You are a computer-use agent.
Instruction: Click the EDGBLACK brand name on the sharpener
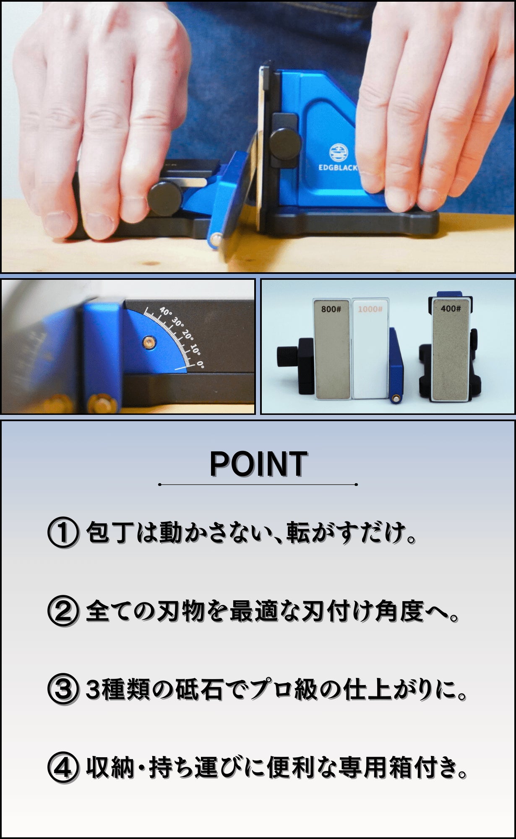338,167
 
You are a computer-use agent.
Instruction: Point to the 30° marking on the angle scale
178,323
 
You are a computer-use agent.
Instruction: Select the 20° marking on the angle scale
188,336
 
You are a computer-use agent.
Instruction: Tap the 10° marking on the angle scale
195,350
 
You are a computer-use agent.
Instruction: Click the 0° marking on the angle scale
200,363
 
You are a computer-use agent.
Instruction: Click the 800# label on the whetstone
331,309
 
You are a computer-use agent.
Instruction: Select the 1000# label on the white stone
370,309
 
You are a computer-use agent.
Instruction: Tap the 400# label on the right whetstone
451,308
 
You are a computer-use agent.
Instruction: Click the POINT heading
258,464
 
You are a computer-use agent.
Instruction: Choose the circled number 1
63,533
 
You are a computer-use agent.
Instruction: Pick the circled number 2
63,611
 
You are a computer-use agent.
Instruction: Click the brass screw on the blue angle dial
147,342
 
